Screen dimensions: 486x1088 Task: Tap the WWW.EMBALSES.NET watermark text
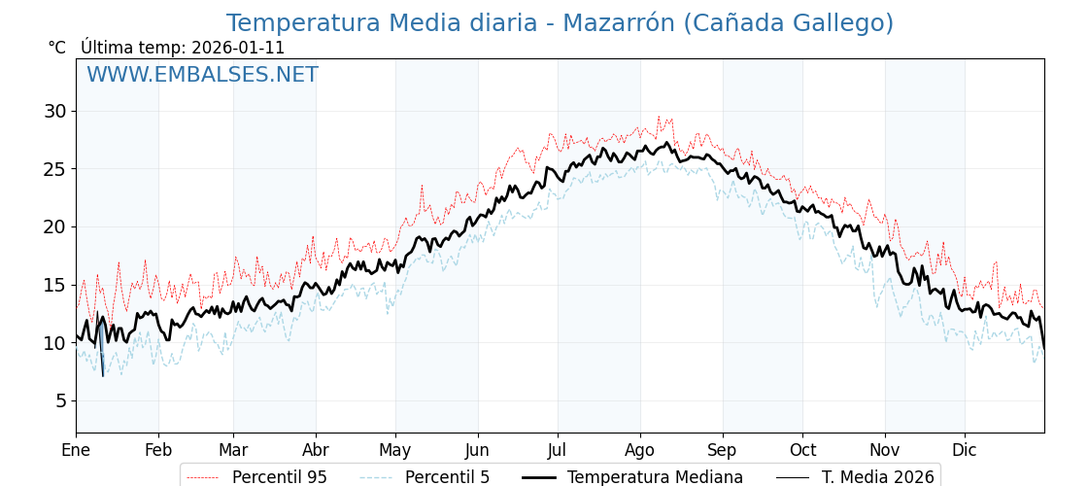202,75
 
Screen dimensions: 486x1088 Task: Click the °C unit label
57,48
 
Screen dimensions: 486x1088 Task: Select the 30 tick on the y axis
54,111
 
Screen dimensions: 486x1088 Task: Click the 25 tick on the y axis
54,169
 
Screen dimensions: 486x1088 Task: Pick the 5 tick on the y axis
60,400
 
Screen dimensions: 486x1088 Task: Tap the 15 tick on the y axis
54,285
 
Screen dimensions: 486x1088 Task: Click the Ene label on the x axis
76,450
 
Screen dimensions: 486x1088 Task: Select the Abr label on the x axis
316,450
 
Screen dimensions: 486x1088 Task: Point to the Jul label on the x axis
558,450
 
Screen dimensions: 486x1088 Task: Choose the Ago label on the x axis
640,450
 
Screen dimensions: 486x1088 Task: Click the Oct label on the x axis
802,450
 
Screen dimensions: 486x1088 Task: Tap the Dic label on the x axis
965,450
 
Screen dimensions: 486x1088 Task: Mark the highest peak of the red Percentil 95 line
658,117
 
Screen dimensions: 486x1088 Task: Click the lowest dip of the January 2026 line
103,375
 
